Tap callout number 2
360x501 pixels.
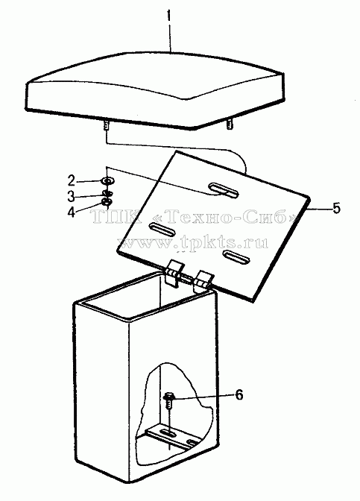(72, 181)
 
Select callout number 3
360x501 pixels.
(71, 196)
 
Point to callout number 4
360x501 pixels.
(71, 212)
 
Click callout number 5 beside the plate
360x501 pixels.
(336, 208)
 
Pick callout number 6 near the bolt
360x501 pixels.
(239, 394)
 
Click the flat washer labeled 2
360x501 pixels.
(107, 181)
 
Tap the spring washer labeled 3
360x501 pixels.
(107, 194)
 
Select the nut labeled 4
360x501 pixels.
(107, 202)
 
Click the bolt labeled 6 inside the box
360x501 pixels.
(168, 401)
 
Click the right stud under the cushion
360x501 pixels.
(230, 124)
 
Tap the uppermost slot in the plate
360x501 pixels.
(224, 190)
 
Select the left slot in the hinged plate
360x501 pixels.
(162, 229)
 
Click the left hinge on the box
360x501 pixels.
(174, 274)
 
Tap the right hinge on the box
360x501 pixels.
(203, 281)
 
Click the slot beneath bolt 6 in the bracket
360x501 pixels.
(166, 434)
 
